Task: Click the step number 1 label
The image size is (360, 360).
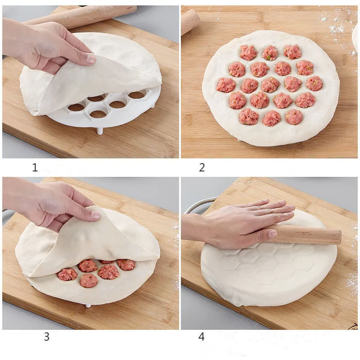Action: [35, 168]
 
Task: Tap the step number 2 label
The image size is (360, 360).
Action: [202, 168]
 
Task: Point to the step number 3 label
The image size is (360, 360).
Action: [46, 337]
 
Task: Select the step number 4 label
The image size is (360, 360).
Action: [201, 337]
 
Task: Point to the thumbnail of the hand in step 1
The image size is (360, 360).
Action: [91, 58]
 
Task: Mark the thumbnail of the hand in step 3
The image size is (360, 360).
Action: [95, 215]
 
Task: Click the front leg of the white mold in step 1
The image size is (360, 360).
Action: [99, 131]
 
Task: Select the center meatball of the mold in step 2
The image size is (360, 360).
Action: [270, 85]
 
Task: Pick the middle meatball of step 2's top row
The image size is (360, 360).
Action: [270, 53]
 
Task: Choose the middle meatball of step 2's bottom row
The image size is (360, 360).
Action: [272, 118]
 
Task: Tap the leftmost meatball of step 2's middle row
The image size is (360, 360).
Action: [226, 85]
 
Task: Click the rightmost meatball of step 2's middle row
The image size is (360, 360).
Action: [314, 83]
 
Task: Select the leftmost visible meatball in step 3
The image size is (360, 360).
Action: [67, 274]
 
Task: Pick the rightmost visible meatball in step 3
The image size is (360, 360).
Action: [126, 265]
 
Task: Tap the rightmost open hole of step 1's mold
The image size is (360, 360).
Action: [136, 95]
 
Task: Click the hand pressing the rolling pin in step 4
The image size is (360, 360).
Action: [243, 223]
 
